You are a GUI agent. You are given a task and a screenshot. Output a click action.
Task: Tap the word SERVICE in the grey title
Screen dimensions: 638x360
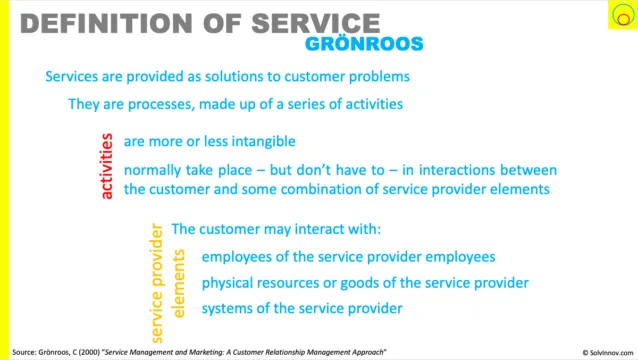[316, 23]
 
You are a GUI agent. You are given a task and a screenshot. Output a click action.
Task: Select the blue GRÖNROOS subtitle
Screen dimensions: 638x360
[364, 44]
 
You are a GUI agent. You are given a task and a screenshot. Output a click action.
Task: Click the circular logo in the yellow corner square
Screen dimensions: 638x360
[623, 15]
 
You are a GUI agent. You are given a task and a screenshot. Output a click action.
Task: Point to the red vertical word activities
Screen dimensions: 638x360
[107, 166]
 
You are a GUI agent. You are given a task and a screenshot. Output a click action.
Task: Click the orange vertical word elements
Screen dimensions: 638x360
[178, 284]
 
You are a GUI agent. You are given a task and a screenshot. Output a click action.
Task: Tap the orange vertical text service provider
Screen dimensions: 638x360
[157, 283]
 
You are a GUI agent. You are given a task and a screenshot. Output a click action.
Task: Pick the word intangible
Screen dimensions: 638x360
[264, 142]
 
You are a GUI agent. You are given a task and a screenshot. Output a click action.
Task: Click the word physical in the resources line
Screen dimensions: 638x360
[227, 283]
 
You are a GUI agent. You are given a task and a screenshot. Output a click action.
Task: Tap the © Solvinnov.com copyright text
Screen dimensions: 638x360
[608, 353]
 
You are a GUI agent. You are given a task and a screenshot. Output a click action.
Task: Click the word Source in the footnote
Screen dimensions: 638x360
[24, 352]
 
